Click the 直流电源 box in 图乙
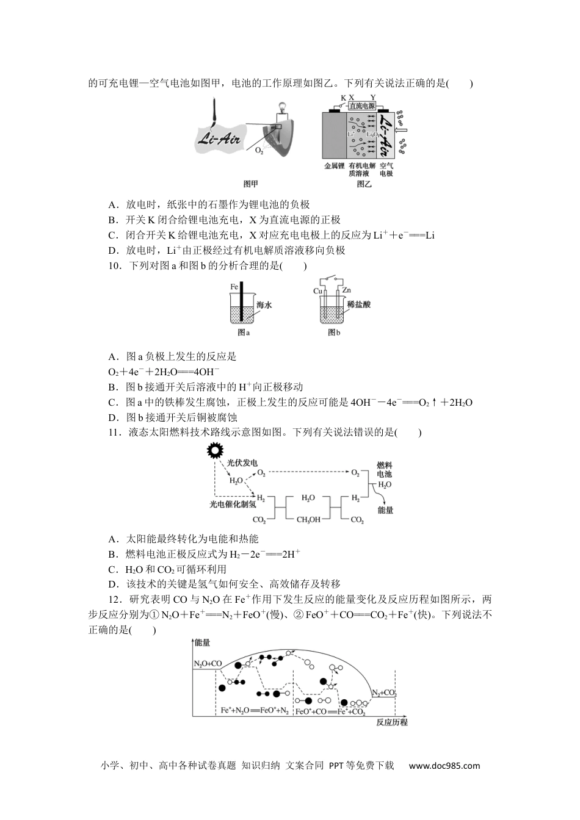[x=361, y=106]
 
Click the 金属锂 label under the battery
[x=334, y=165]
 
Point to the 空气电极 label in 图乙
[x=386, y=169]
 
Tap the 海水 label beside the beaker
[x=264, y=305]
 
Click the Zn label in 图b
[x=346, y=290]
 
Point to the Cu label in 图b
[x=317, y=291]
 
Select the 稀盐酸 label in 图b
[x=358, y=304]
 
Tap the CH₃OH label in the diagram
[x=308, y=520]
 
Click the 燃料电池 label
[x=384, y=469]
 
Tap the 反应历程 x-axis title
[x=391, y=722]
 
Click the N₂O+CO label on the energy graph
[x=208, y=663]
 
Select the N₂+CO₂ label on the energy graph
[x=385, y=693]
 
